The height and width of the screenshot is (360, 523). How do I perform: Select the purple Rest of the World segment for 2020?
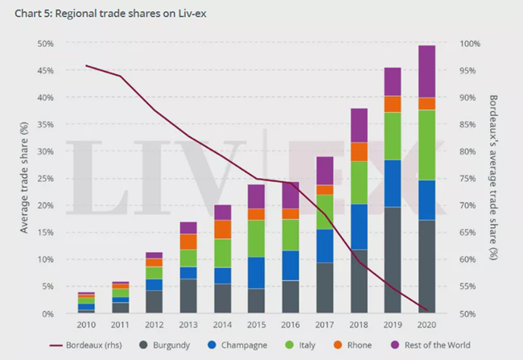point(426,71)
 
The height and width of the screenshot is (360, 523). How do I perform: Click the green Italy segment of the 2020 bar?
point(426,145)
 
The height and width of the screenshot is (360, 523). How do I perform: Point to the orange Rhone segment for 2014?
point(223,230)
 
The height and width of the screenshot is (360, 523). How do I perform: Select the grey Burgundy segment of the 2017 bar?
point(325,288)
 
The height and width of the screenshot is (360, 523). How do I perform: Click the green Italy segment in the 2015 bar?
point(257,238)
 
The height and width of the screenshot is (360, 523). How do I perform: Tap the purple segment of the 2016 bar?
point(290,196)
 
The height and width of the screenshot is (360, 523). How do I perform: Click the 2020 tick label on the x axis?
point(426,325)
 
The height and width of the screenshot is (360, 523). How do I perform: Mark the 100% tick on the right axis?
point(470,43)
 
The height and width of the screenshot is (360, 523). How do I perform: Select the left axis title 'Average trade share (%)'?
point(25,178)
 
